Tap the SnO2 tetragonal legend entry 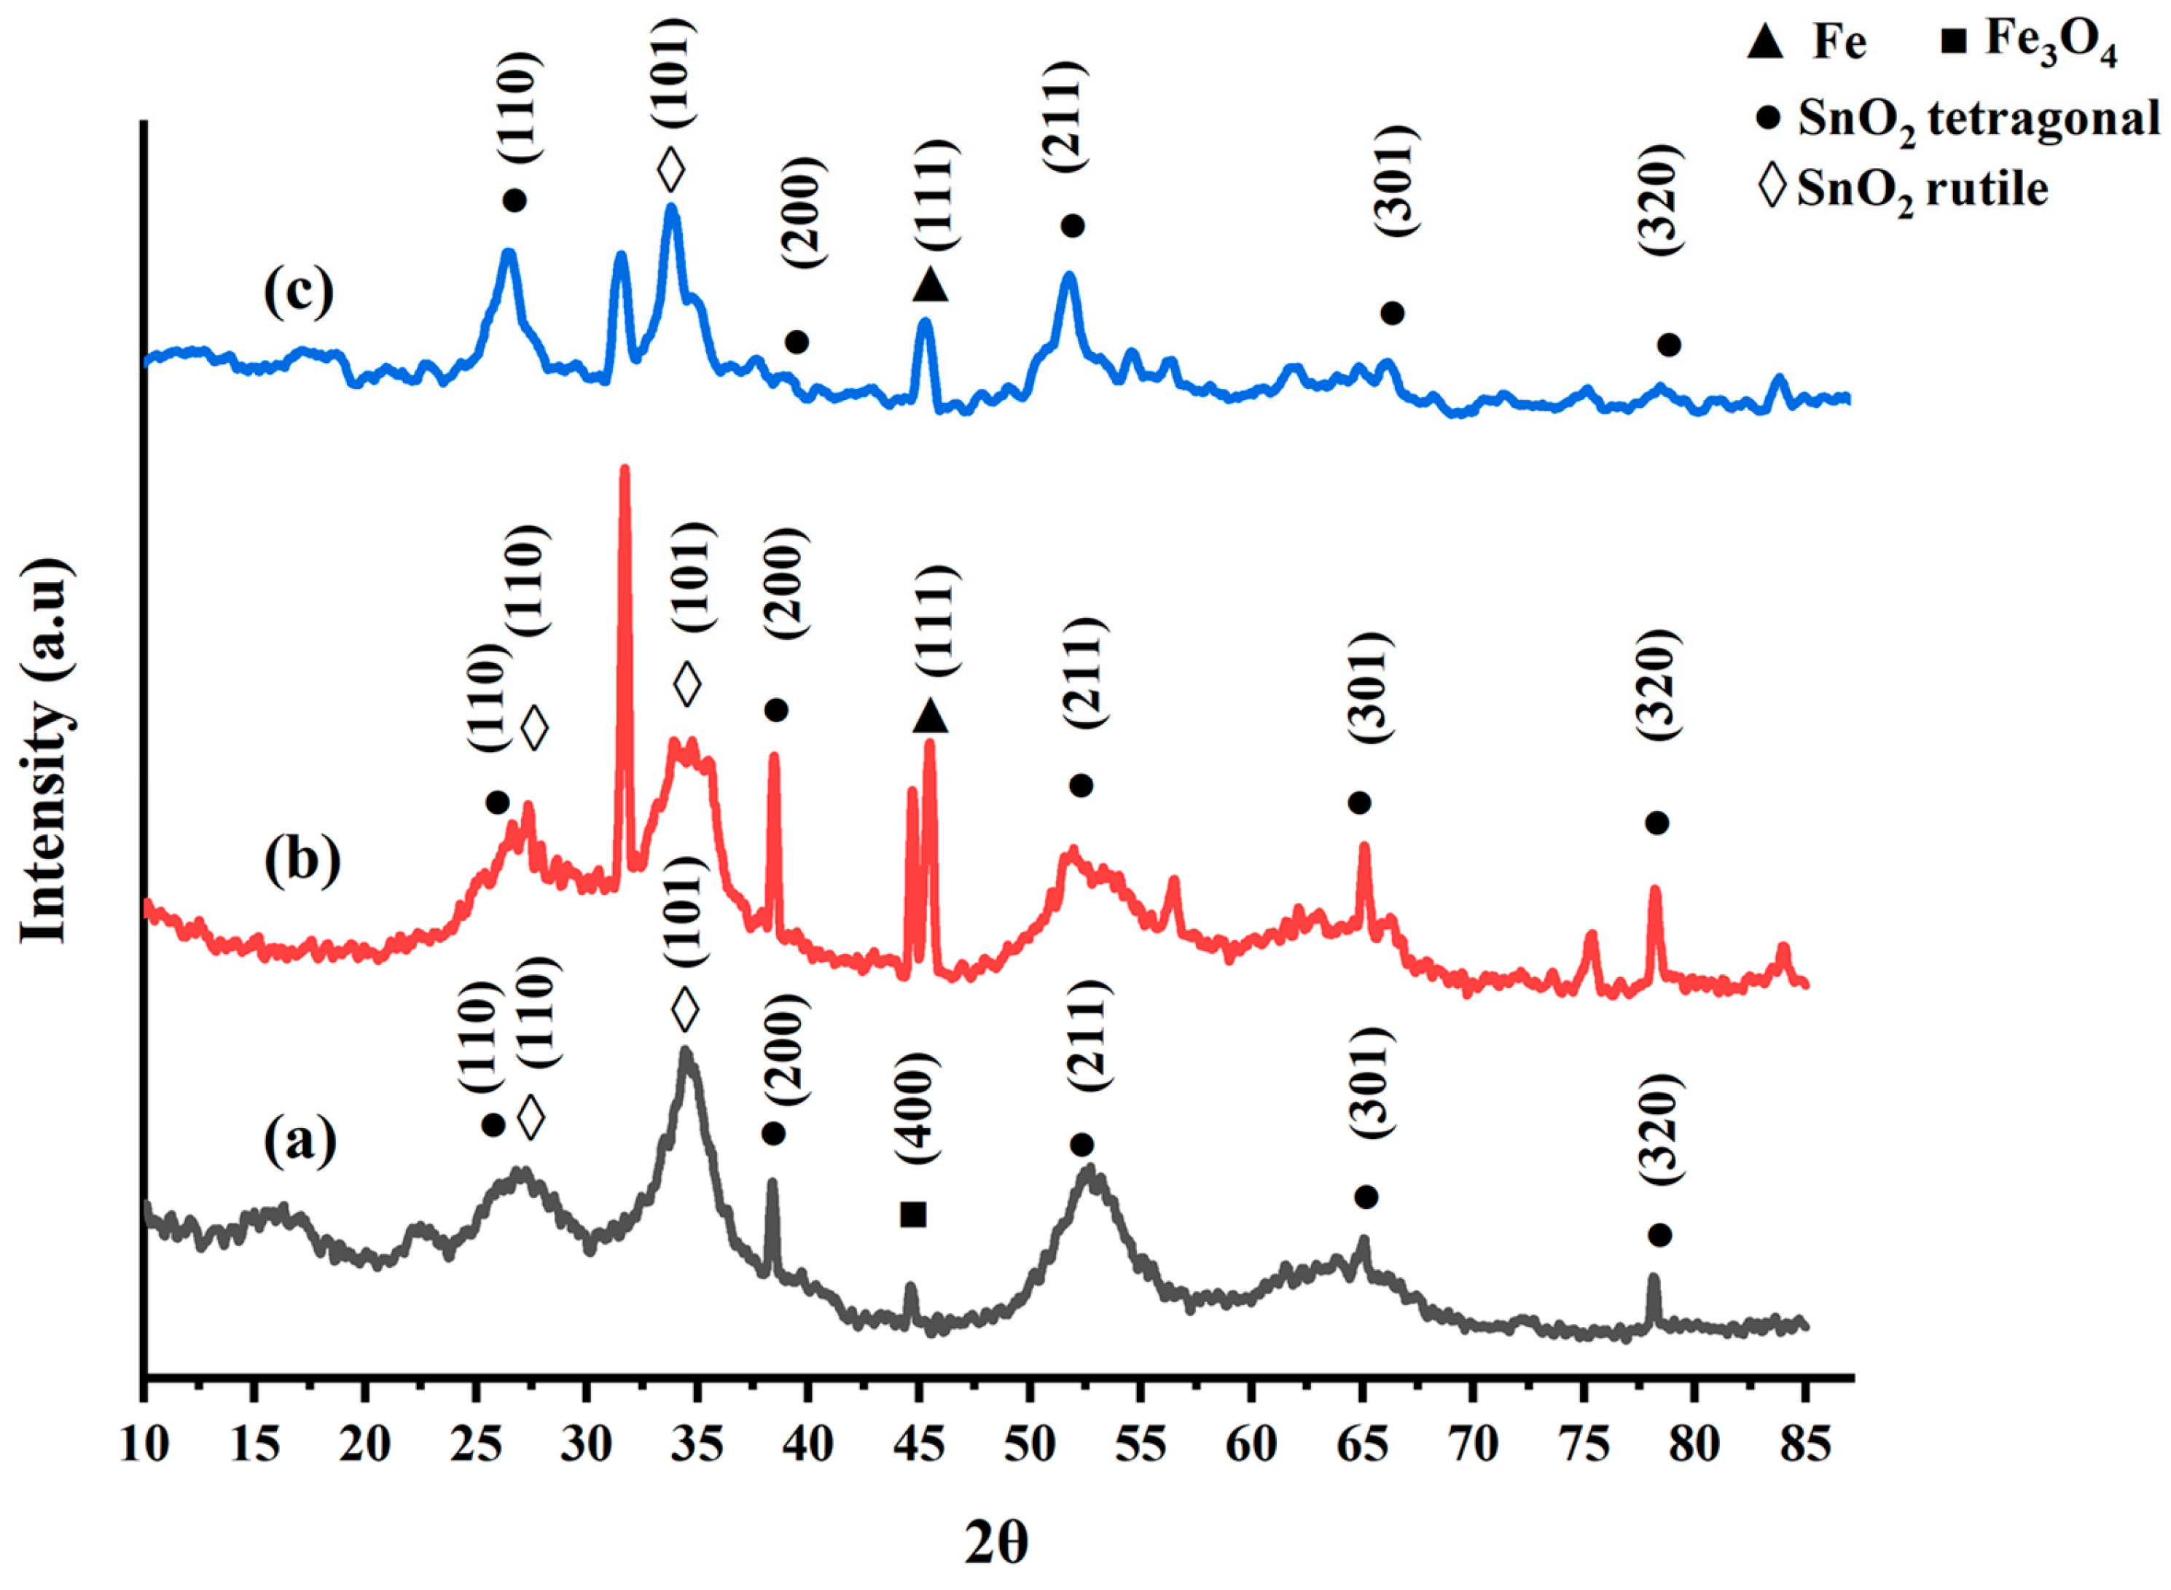tap(1963, 120)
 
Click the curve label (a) tap(300, 1141)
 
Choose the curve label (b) tap(301, 859)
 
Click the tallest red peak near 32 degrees tap(625, 471)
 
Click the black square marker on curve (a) tap(912, 1214)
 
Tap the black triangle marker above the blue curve tap(930, 284)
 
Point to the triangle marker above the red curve tap(930, 715)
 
